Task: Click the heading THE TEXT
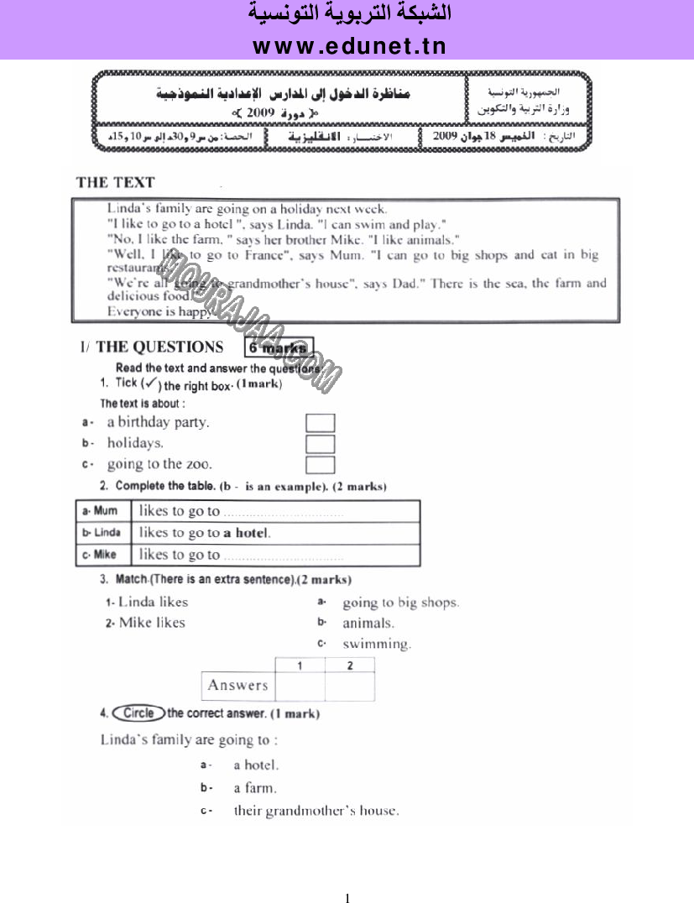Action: point(115,182)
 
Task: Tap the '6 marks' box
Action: point(279,348)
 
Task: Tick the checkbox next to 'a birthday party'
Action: point(320,423)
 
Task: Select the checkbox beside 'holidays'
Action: point(320,444)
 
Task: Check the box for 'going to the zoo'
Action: point(320,465)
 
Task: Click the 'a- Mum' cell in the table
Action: point(102,511)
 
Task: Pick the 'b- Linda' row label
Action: point(102,533)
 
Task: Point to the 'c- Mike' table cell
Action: point(102,555)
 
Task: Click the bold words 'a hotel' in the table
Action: point(247,533)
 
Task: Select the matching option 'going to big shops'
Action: point(400,603)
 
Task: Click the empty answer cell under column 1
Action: point(300,686)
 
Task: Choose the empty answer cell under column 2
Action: point(349,686)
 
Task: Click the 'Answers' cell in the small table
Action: point(238,686)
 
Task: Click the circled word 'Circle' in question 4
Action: point(138,713)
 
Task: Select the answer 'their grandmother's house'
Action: point(316,811)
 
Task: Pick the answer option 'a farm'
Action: point(254,788)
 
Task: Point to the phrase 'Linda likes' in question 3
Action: point(153,602)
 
